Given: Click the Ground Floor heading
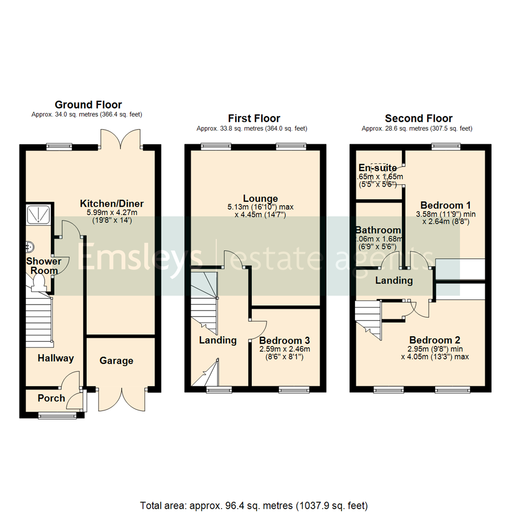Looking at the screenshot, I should pos(88,105).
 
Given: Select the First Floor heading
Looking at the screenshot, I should pos(254,118).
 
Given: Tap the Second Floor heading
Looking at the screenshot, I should pos(418,118).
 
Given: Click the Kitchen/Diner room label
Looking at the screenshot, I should pos(111,204).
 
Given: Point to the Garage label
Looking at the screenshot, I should pos(116,361).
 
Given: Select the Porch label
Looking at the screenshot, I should pos(51,398).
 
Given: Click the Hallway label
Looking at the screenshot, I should pos(56,358).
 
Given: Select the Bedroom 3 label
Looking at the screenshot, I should pos(284,340).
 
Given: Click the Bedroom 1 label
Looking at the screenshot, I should pos(445,205).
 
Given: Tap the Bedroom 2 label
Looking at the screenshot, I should pos(435,340).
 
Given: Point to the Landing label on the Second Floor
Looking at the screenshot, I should pos(393,281).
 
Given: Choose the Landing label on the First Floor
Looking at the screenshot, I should pos(218,340).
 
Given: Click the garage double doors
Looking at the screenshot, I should pos(122,400).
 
